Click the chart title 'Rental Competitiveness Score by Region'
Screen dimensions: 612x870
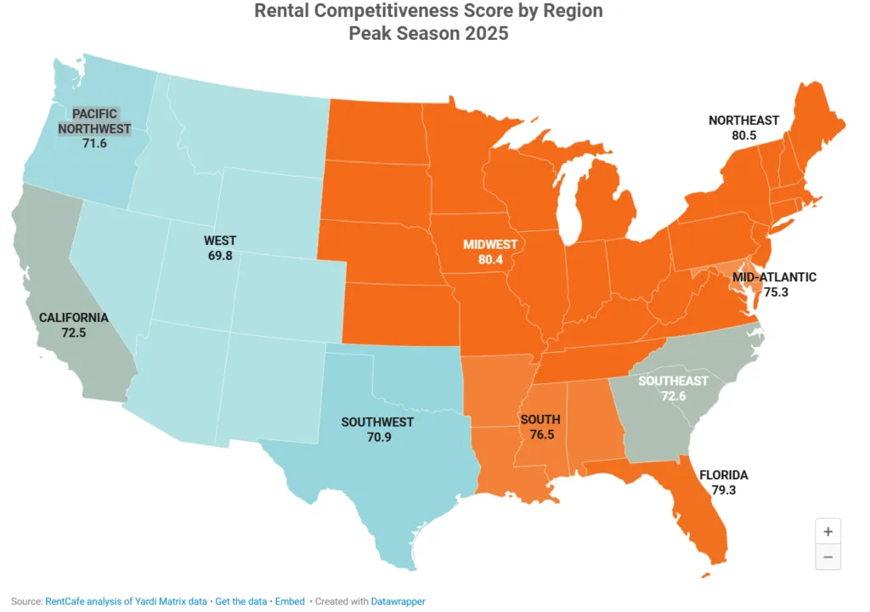click(x=429, y=12)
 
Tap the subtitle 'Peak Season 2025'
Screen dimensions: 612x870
click(x=429, y=33)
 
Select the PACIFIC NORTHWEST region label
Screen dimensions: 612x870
click(x=94, y=122)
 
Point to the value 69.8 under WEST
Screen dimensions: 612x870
click(x=220, y=256)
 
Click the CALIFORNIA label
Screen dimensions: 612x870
click(x=74, y=317)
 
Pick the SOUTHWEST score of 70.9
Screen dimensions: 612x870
click(x=377, y=438)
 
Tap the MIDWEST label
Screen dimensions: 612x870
click(x=490, y=244)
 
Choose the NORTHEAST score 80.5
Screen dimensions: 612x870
click(x=743, y=136)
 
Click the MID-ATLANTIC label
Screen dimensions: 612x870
click(x=774, y=277)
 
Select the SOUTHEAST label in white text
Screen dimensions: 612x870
click(x=673, y=381)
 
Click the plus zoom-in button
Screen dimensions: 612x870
click(x=828, y=531)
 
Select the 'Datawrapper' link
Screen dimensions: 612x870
click(x=398, y=601)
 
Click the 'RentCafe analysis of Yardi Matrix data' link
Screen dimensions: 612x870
click(x=126, y=601)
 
